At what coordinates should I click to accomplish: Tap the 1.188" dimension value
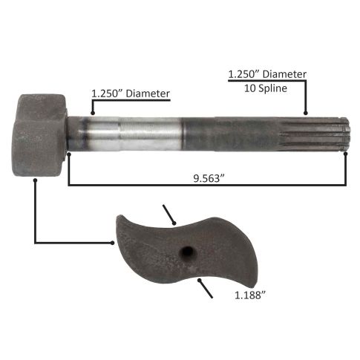click(250, 295)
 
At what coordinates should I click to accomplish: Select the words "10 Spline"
click(266, 88)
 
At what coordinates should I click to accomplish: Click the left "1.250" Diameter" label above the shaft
click(131, 94)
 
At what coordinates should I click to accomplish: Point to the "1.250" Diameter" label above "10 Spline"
click(267, 74)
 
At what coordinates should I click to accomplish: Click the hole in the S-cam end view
click(186, 252)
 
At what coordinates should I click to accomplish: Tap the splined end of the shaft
click(314, 134)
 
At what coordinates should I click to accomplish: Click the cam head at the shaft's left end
click(39, 135)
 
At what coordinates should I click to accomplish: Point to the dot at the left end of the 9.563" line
click(69, 154)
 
